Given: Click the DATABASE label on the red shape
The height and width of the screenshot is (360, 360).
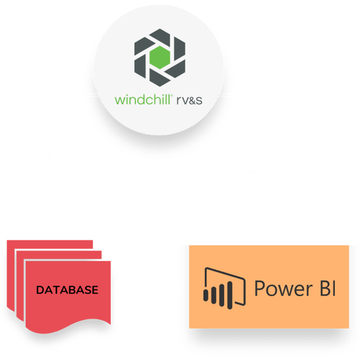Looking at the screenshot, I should (x=67, y=290).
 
